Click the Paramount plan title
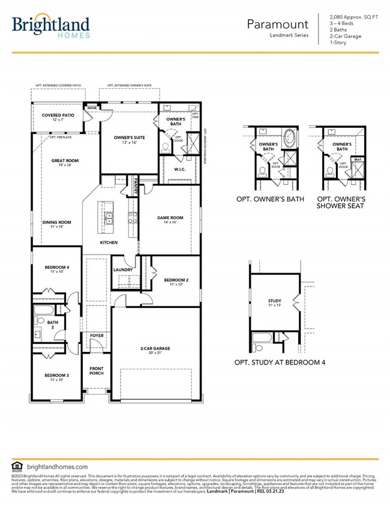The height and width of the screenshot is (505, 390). (278, 24)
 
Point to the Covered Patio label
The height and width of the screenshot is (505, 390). (58, 115)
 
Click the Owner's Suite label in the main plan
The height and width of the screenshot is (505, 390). (130, 138)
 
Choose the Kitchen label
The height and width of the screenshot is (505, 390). (108, 243)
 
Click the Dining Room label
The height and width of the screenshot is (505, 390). (57, 222)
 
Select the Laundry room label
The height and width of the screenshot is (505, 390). (123, 270)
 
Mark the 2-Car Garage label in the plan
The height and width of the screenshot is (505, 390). (155, 348)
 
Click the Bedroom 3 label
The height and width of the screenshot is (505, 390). (56, 375)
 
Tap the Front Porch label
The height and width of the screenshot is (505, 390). (97, 370)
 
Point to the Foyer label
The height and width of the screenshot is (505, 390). (97, 336)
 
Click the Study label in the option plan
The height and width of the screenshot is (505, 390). (274, 300)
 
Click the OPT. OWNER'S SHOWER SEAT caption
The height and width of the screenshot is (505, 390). (341, 202)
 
